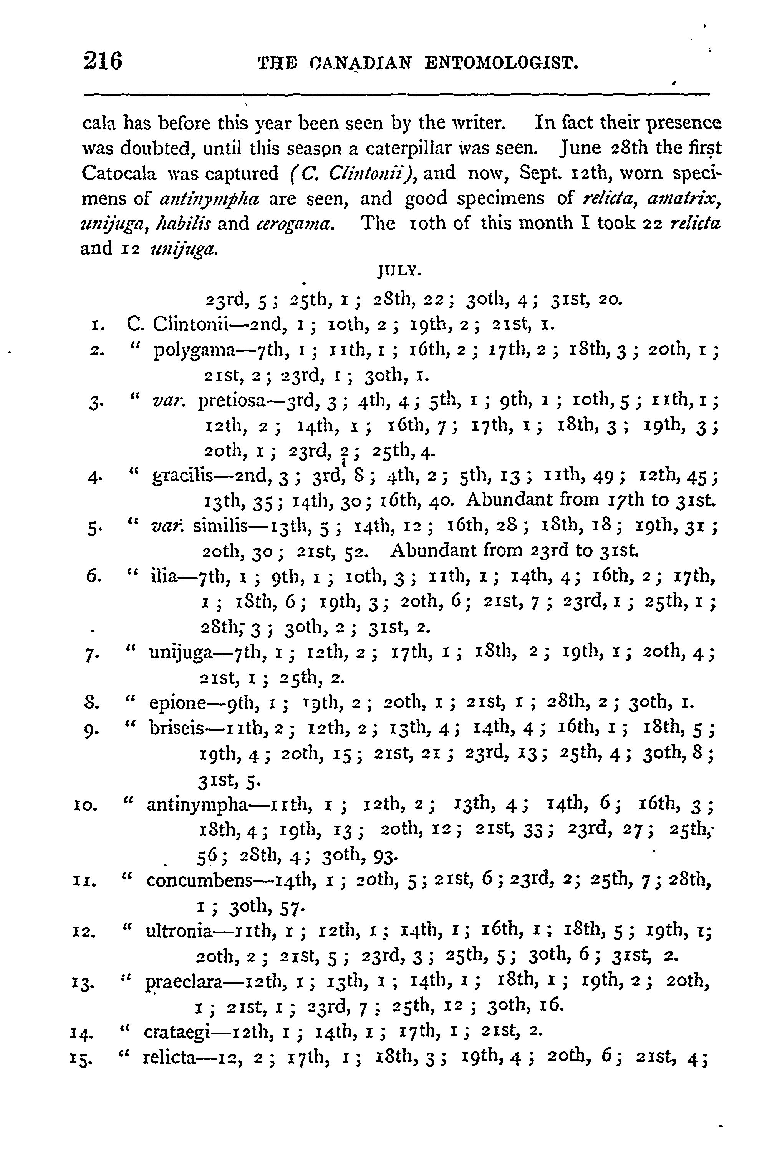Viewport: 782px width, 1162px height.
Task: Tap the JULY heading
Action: [x=400, y=272]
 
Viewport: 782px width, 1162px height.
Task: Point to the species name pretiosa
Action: [x=234, y=401]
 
